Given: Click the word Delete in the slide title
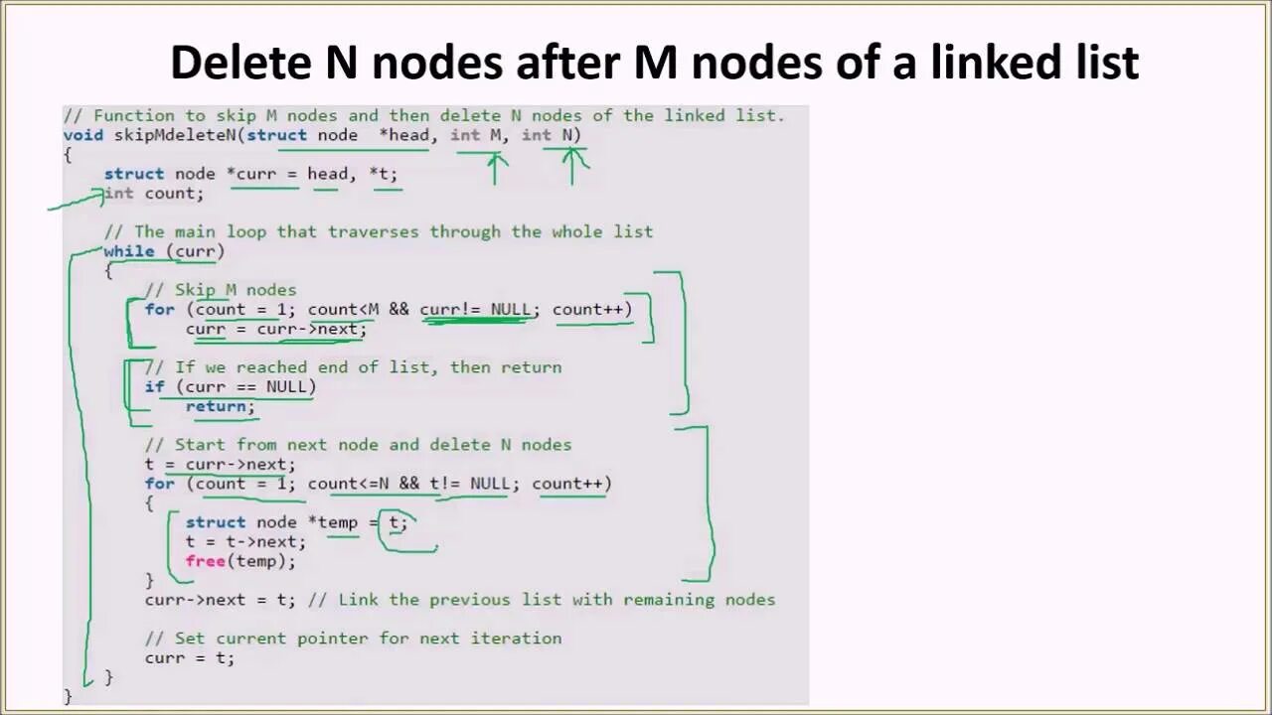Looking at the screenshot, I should [x=239, y=63].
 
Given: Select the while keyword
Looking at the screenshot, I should [x=129, y=251].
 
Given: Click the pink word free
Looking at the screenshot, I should [x=205, y=561].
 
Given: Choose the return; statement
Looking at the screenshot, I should [x=220, y=406].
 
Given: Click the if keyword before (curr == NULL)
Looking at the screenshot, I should [x=154, y=386].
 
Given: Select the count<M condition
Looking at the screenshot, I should [x=343, y=309].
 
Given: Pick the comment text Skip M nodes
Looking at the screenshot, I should [x=236, y=290].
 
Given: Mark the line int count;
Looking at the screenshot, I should [x=154, y=194].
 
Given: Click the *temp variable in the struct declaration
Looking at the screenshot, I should [x=337, y=522].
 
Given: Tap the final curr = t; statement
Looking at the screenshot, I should [x=190, y=657].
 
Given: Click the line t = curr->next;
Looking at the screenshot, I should [x=220, y=464].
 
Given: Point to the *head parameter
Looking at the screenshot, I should [x=403, y=135].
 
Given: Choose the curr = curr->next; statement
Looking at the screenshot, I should [x=275, y=329].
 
